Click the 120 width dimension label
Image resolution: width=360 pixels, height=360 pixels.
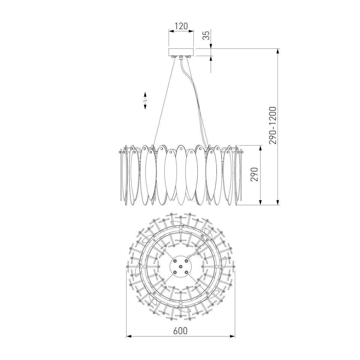181,26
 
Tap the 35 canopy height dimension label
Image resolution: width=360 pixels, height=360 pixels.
206,35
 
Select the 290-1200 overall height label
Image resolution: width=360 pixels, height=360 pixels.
273,125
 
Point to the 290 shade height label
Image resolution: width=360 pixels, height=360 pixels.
254,174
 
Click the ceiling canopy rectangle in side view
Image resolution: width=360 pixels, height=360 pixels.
181,52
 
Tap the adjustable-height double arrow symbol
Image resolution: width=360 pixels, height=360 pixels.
145,100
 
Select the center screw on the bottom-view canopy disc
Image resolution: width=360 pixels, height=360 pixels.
181,266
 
